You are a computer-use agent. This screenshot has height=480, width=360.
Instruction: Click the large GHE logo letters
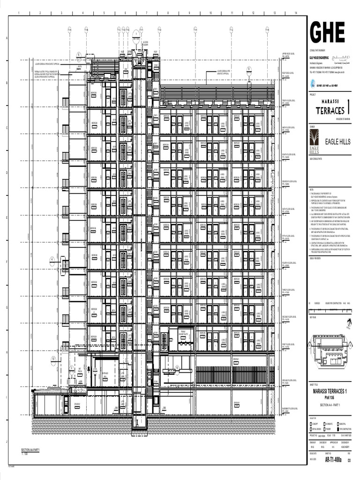(327, 32)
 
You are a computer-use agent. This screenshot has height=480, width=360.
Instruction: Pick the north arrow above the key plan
(348, 323)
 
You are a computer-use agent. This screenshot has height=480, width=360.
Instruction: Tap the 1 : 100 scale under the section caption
(24, 454)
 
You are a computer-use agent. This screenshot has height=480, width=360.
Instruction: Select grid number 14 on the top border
(296, 13)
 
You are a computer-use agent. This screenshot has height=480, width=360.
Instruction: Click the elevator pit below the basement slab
(139, 422)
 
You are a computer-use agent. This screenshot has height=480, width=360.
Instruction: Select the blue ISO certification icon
(313, 84)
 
